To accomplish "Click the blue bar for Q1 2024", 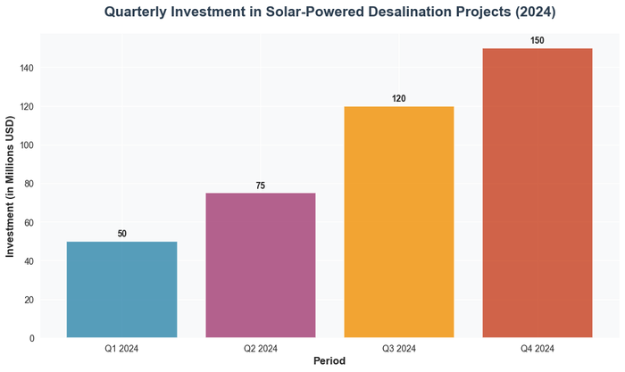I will pyautogui.click(x=121, y=289).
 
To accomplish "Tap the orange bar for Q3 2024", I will pyautogui.click(x=399, y=222).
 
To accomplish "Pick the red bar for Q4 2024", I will pyautogui.click(x=537, y=193).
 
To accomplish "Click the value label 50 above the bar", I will pyautogui.click(x=121, y=234).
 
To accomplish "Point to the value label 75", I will pyautogui.click(x=260, y=186).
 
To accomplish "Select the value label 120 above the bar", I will pyautogui.click(x=399, y=99).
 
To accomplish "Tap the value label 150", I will pyautogui.click(x=537, y=41).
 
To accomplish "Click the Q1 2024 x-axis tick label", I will pyautogui.click(x=121, y=348).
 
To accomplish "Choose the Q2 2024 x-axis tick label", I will pyautogui.click(x=260, y=348).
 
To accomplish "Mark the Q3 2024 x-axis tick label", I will pyautogui.click(x=399, y=348).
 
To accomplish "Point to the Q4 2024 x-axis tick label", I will pyautogui.click(x=537, y=348).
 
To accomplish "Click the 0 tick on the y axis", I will pyautogui.click(x=32, y=338).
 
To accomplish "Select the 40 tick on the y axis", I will pyautogui.click(x=29, y=261).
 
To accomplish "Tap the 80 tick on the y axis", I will pyautogui.click(x=29, y=184).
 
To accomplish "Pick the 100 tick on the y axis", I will pyautogui.click(x=27, y=145).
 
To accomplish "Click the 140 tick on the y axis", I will pyautogui.click(x=27, y=68).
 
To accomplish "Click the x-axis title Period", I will pyautogui.click(x=329, y=361).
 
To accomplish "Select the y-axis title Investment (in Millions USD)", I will pyautogui.click(x=11, y=187).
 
